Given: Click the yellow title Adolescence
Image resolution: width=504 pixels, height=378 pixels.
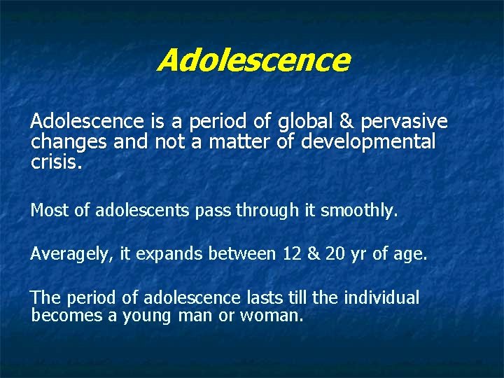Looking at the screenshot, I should click(253, 60).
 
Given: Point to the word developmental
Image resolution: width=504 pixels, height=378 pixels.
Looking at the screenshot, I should click(368, 143).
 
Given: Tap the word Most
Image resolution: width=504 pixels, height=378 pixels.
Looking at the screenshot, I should click(48, 210).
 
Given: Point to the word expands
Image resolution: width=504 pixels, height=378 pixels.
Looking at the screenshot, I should click(167, 254).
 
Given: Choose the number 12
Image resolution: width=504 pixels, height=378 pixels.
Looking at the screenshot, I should click(291, 254).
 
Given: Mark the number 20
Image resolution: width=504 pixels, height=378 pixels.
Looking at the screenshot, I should click(335, 254).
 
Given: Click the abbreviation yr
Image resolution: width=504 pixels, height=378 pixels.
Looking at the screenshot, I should click(359, 254).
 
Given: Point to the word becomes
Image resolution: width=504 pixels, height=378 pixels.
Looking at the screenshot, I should click(66, 316).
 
